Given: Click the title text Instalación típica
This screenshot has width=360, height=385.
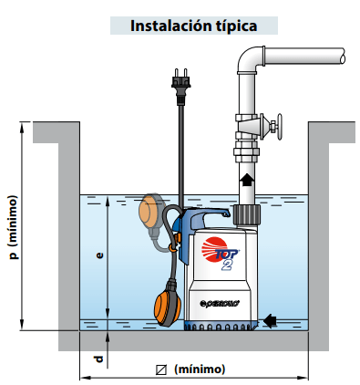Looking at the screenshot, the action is pos(194,26).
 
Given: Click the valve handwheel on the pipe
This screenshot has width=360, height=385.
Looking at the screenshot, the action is pos(279,126).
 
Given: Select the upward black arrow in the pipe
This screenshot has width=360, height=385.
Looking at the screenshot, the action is pos(247,180).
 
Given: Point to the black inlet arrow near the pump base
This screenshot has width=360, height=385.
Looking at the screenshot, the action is pos(270,321).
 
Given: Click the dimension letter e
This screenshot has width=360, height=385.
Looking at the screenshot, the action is pos(99,255).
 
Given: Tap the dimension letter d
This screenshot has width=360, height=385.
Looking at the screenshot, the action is pos(98,359).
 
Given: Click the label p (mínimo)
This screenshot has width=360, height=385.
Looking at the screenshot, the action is pos(14,227).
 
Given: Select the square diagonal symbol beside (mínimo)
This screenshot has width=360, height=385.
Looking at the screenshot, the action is pos(161,369).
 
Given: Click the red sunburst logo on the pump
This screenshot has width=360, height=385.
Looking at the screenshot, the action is pos(213,249).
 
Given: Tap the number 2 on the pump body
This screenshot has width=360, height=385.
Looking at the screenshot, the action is pos(227,265).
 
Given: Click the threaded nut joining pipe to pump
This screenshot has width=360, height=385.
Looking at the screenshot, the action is pos(247,214).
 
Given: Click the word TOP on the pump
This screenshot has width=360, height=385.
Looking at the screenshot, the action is pos(227,254).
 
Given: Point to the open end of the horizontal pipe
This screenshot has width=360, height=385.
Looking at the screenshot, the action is pos(343,57).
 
